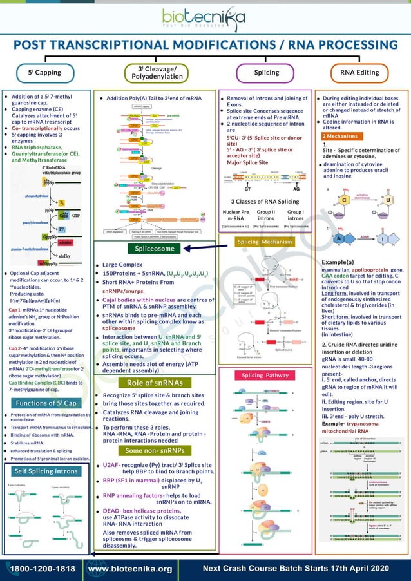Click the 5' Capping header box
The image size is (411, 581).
44,72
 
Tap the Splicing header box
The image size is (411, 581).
265,72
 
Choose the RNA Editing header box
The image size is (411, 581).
359,72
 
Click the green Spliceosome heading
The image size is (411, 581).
155,248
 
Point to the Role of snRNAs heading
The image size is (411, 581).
155,383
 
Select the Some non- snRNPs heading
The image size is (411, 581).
155,450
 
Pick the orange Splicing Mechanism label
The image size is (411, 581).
265,242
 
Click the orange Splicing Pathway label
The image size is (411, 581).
265,375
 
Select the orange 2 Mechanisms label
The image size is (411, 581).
341,137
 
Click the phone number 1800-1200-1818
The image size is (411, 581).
42,569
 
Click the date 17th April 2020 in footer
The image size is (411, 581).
355,568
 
